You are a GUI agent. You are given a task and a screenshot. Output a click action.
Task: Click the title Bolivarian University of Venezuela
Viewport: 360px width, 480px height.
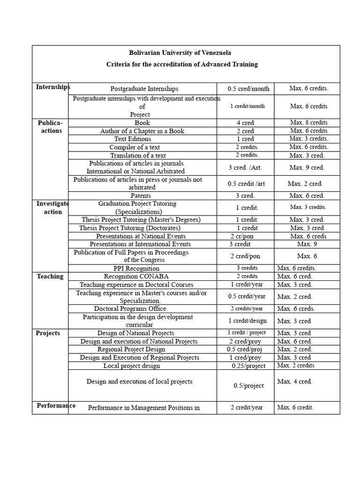point(180,53)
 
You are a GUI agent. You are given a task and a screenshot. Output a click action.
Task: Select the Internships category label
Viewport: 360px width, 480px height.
point(52,87)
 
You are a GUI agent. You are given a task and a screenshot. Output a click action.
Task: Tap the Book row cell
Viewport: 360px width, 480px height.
point(142,123)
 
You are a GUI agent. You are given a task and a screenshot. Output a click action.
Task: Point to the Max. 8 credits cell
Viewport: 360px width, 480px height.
point(308,123)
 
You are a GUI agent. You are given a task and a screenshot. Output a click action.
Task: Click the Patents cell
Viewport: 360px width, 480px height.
point(142,195)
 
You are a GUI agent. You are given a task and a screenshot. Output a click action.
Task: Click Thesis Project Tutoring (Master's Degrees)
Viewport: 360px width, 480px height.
point(141,219)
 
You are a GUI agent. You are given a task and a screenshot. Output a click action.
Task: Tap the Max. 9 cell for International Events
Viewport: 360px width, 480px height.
point(307,244)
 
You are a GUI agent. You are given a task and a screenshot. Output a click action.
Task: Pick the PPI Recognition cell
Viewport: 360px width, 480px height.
point(136,269)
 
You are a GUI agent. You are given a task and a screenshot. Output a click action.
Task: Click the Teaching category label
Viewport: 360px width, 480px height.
point(50,277)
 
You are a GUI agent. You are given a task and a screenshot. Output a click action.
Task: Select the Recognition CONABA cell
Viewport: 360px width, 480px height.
point(136,277)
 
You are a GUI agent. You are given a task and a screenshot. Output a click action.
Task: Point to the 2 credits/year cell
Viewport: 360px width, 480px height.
point(247,308)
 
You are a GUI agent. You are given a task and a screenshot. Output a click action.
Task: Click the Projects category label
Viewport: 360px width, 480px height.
point(48,333)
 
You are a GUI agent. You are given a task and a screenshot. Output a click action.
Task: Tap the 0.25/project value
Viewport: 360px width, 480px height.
point(248,366)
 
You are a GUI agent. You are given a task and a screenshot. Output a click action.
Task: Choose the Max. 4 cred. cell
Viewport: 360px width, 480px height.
point(294,382)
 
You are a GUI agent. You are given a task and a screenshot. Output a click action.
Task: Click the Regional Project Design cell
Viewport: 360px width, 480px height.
point(131,349)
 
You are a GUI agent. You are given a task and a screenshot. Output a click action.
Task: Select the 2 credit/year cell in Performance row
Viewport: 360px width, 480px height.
point(247,407)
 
